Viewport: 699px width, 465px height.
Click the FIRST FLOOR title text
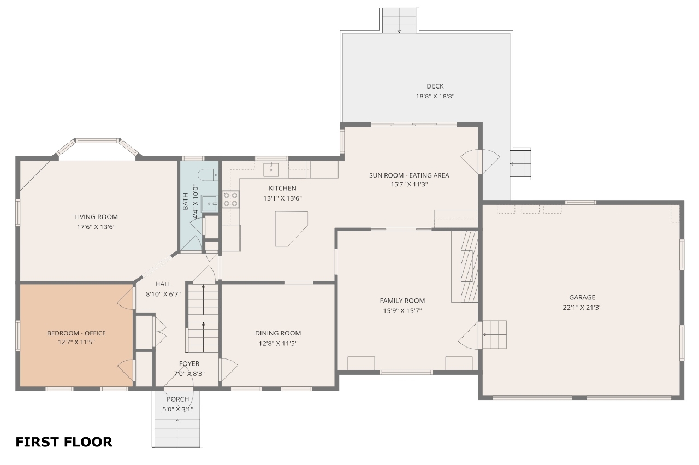(x=64, y=442)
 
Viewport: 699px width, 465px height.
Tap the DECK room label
(x=435, y=86)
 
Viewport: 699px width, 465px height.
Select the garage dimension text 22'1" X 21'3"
(x=582, y=307)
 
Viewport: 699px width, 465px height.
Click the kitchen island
(x=291, y=228)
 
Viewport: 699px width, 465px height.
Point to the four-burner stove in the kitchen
(x=230, y=199)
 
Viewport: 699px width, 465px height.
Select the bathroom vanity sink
(x=210, y=204)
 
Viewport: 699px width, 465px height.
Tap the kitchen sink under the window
(x=271, y=169)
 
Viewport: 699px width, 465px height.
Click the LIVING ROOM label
(x=96, y=217)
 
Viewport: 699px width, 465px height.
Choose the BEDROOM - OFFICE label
(x=76, y=333)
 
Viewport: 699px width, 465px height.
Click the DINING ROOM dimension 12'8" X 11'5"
(x=278, y=344)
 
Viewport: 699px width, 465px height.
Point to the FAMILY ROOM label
(x=402, y=301)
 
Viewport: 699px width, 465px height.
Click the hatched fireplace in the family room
(x=469, y=267)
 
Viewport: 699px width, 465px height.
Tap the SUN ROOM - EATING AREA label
(x=409, y=175)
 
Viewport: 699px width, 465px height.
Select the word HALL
(x=163, y=284)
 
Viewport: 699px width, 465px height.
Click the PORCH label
(x=177, y=399)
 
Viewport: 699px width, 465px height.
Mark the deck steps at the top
(x=399, y=20)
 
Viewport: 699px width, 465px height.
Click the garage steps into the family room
(x=494, y=334)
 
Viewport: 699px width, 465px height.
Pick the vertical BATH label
(x=185, y=202)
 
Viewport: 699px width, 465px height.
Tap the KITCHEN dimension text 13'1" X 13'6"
(x=282, y=198)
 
